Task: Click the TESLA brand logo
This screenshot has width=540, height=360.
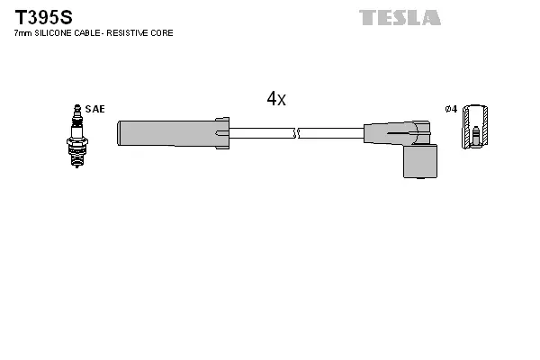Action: [400, 17]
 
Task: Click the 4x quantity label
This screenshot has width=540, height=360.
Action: [276, 99]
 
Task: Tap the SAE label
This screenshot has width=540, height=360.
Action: [95, 109]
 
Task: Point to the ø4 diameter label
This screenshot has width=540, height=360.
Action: [451, 109]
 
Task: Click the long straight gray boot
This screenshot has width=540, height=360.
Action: [166, 134]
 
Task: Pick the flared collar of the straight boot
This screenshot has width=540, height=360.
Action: [222, 133]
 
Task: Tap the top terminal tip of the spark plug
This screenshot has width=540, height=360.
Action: [77, 107]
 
